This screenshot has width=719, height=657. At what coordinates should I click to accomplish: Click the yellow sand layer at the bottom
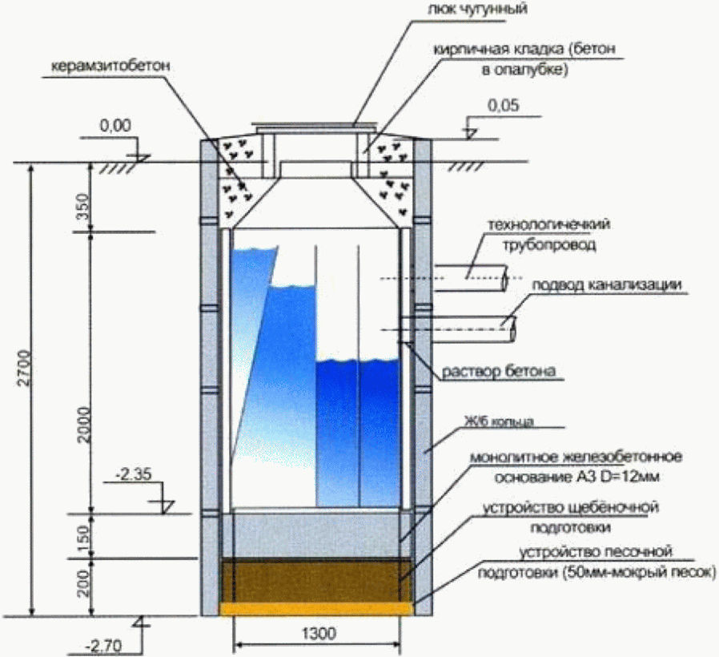click(x=315, y=608)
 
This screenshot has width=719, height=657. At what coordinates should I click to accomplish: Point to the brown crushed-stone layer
click(x=315, y=579)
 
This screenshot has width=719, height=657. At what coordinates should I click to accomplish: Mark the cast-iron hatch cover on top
click(x=315, y=127)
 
